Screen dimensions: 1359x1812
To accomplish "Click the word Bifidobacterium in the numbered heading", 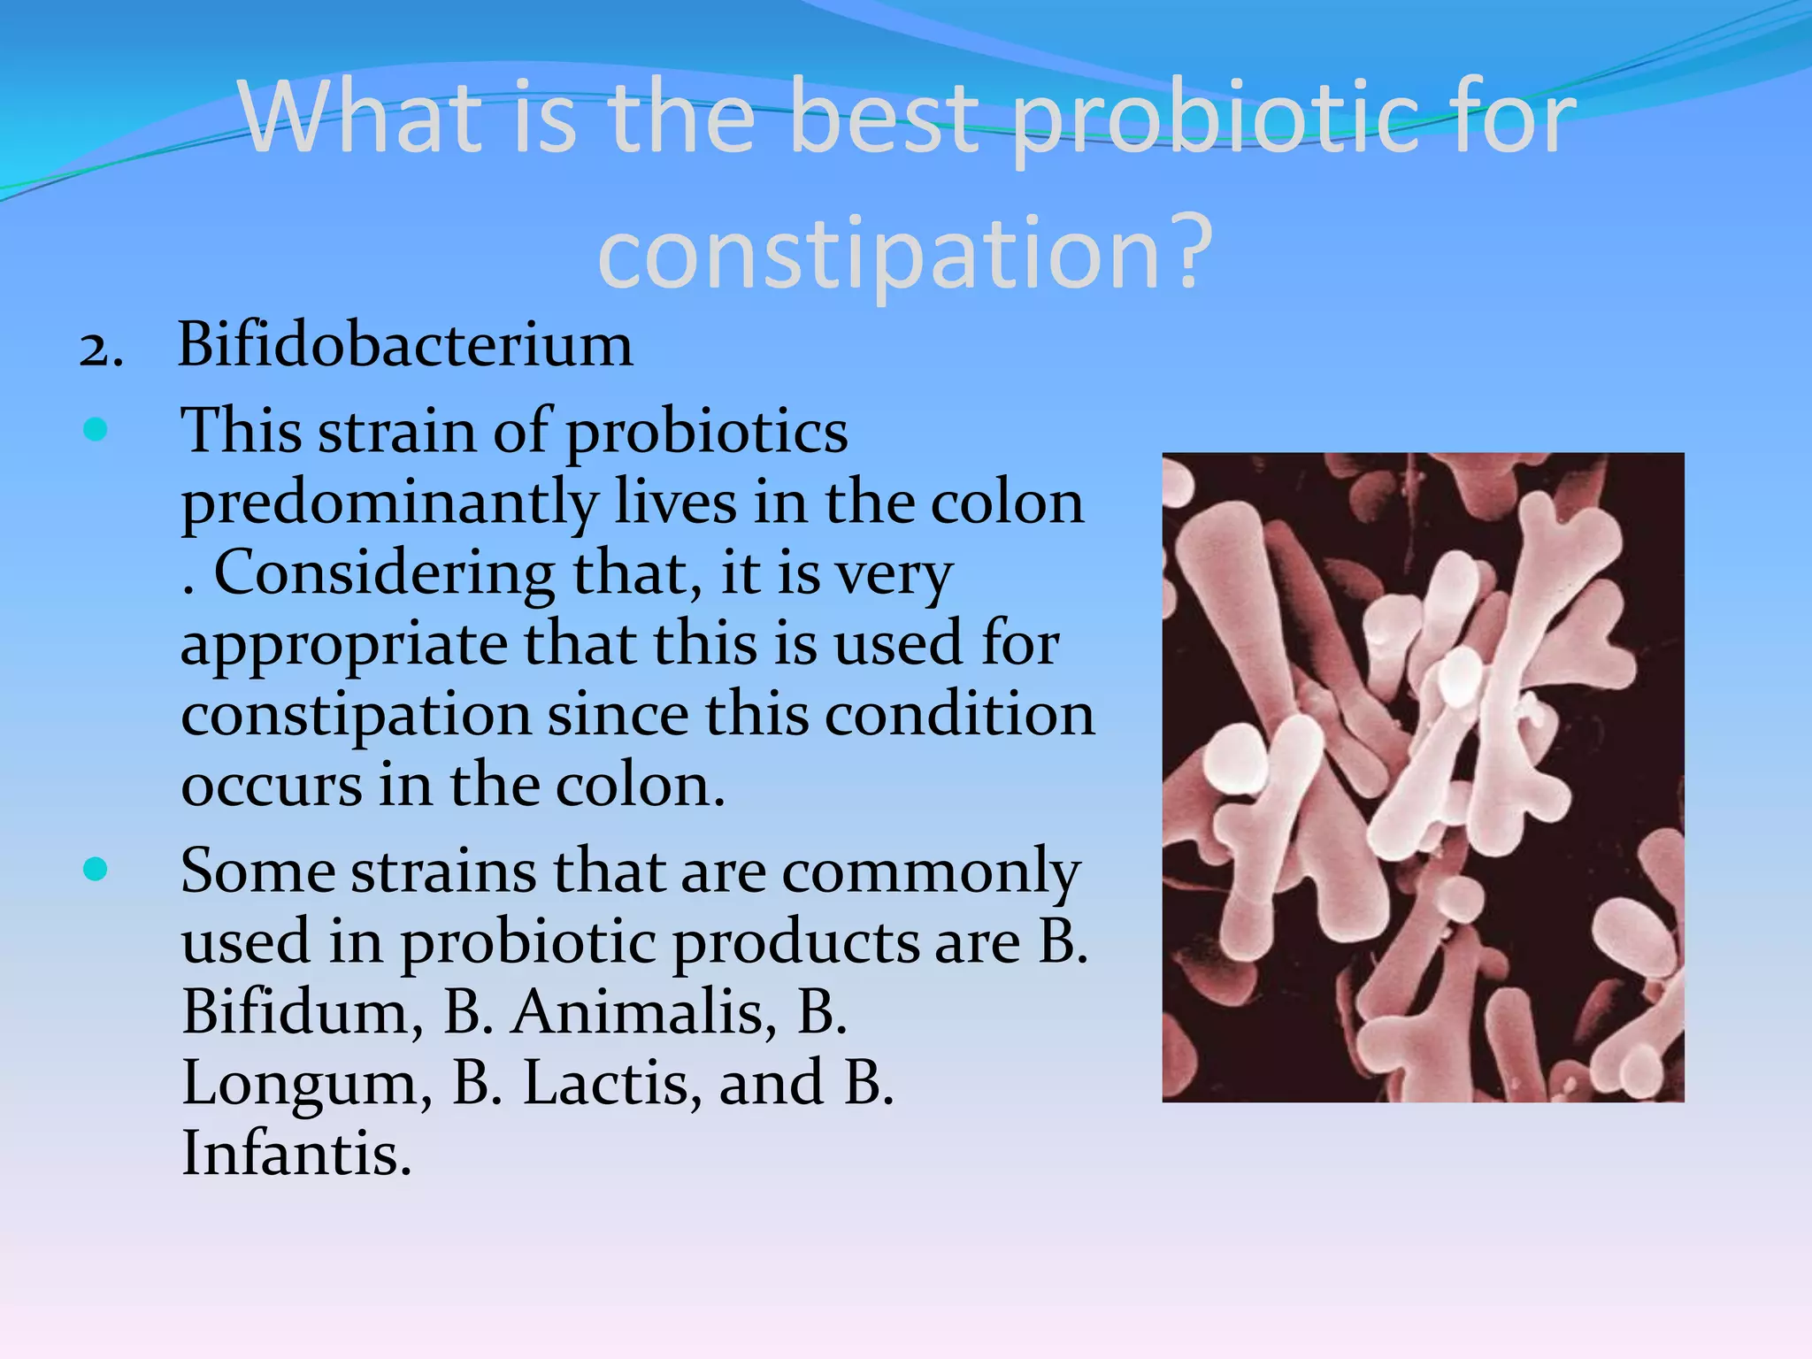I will click(x=405, y=344).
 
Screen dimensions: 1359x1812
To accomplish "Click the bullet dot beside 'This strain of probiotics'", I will click(x=95, y=430).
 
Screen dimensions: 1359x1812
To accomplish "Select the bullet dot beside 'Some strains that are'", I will click(x=95, y=869).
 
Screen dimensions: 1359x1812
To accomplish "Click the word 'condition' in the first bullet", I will click(x=960, y=715).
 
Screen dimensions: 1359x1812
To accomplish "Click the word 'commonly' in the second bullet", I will click(x=931, y=872).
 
